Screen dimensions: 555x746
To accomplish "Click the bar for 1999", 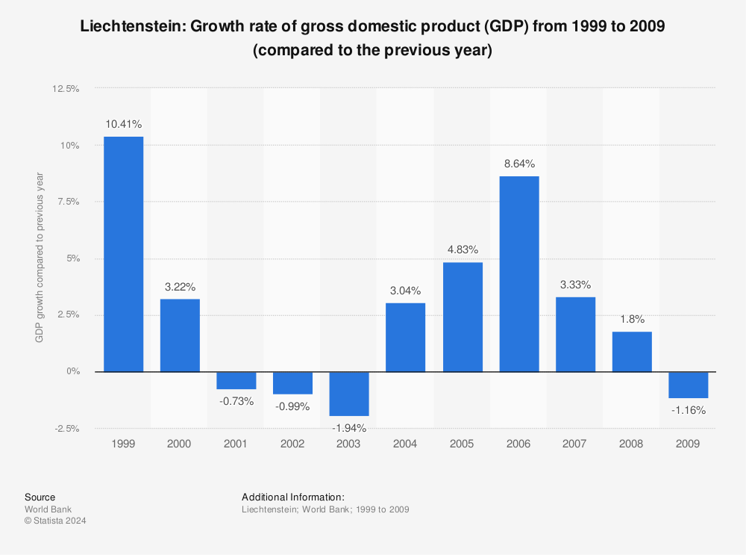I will [x=124, y=254].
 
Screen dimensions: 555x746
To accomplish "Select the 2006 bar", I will [x=518, y=273].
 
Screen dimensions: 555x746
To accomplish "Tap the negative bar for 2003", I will [x=349, y=394].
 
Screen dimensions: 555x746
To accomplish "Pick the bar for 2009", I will [x=688, y=385].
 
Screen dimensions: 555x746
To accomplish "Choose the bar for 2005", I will [x=463, y=317].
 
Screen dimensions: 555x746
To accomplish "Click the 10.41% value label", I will [x=124, y=124].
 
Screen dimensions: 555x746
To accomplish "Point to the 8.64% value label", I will [x=518, y=164].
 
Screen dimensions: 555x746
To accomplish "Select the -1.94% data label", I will [x=349, y=428].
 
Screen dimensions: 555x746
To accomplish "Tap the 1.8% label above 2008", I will [x=632, y=319].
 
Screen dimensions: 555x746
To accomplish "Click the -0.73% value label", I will [x=236, y=401].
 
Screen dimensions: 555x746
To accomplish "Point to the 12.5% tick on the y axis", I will [x=66, y=89].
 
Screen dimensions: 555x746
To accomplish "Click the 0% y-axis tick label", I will [x=72, y=371].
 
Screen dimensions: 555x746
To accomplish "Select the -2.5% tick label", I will [x=66, y=428].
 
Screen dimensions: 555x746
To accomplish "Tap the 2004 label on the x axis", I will [x=405, y=444].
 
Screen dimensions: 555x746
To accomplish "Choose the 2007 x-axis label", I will [x=574, y=444].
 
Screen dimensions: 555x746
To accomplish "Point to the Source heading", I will [x=40, y=497].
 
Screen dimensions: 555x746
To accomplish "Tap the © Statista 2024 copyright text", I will [x=55, y=521].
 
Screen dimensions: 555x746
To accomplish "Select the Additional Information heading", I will [x=293, y=497].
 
